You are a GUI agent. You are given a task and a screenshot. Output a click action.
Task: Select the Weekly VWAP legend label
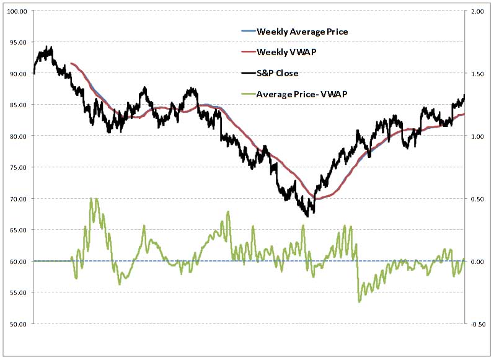point(286,52)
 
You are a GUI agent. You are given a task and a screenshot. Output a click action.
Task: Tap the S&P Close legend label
point(277,73)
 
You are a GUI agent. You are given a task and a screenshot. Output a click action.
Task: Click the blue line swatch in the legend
point(247,32)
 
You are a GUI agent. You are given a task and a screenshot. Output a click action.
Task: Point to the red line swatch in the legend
point(247,52)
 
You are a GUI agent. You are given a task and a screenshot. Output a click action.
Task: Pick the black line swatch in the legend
point(247,73)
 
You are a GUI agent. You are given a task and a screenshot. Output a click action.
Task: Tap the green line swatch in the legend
point(247,94)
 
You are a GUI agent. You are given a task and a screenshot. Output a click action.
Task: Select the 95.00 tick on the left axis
point(17,43)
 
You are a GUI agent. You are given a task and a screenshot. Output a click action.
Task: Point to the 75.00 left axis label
point(17,168)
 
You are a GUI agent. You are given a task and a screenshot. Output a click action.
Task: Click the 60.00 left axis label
point(17,261)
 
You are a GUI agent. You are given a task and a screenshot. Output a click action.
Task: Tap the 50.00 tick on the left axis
point(17,324)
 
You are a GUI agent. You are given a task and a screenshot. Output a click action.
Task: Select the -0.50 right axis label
point(476,324)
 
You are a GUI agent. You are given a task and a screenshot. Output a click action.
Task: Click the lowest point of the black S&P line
point(308,216)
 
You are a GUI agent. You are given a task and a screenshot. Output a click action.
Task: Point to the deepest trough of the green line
point(359,301)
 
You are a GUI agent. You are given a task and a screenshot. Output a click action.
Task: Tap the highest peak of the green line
point(92,199)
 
